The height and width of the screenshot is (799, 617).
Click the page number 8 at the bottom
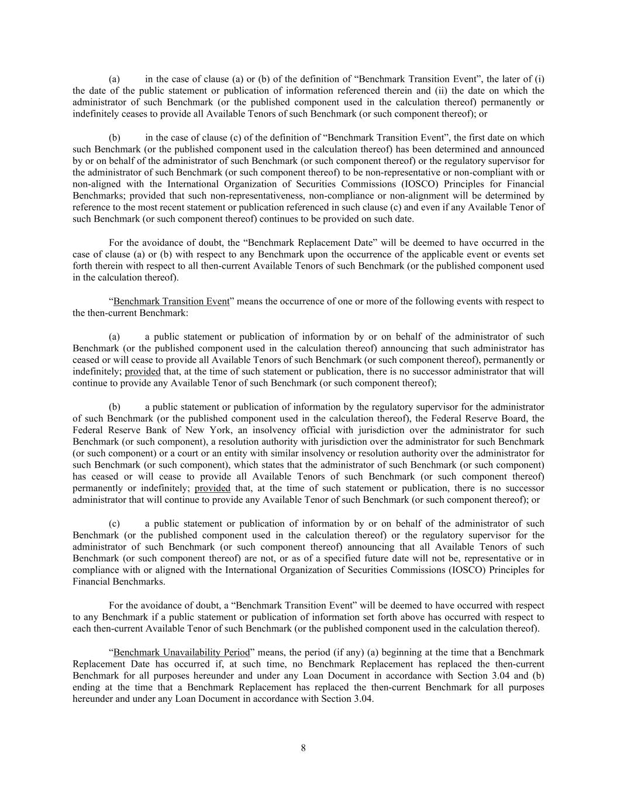tap(303, 747)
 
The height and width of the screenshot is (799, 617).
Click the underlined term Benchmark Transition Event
tap(171, 301)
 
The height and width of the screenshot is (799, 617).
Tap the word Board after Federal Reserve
tap(515, 419)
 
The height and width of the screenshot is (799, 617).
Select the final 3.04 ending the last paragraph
tap(363, 699)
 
